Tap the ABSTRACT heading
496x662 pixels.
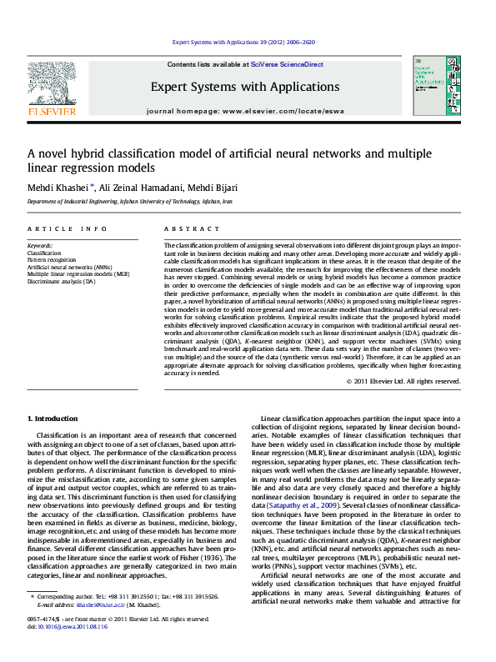[x=186, y=228]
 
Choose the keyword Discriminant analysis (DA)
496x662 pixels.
[x=62, y=281]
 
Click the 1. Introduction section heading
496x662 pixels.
[x=53, y=417]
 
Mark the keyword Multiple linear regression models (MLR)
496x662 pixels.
[x=78, y=274]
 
